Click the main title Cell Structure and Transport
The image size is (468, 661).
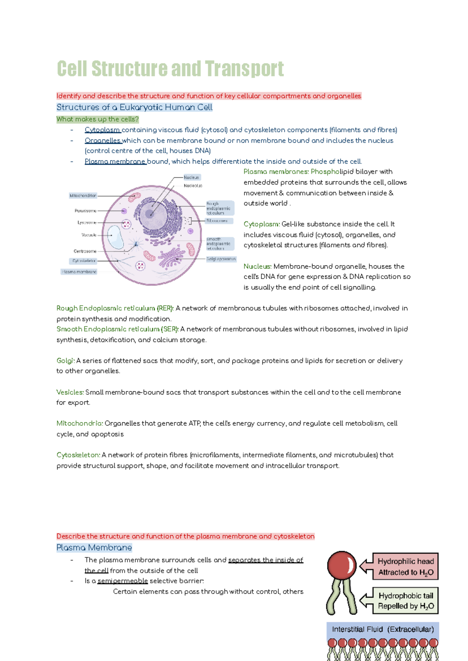170,69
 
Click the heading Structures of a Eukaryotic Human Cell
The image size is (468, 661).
134,107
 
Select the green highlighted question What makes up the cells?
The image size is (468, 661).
97,119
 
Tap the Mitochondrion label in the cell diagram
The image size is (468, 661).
83,196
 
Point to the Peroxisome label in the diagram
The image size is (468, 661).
85,211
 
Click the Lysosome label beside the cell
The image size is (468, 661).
87,222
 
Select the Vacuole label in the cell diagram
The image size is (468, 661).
89,235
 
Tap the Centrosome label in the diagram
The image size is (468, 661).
85,251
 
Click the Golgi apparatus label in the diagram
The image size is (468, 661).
221,259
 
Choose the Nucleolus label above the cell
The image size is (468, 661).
193,186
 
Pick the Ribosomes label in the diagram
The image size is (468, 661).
217,221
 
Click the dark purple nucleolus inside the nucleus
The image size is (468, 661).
149,214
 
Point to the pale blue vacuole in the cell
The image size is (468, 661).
115,236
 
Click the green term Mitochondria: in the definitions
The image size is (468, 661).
80,423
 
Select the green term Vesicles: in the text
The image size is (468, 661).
70,392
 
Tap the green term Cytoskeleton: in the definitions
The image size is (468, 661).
78,455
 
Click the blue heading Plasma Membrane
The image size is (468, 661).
94,548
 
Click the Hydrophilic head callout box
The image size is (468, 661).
405,566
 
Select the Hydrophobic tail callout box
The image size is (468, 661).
405,601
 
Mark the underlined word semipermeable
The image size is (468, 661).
122,581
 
